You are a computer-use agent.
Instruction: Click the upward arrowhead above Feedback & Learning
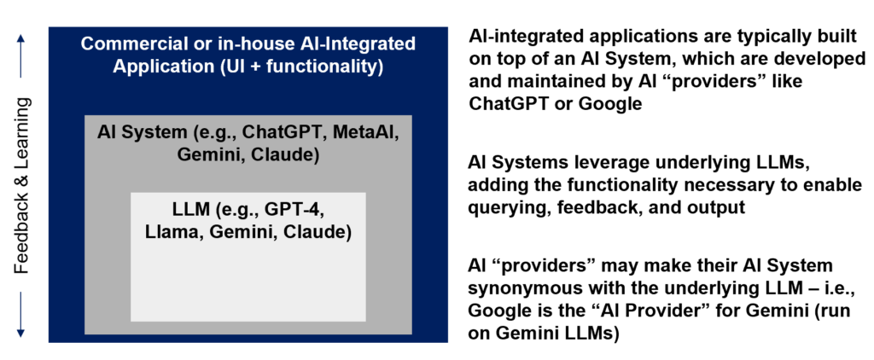tap(21, 38)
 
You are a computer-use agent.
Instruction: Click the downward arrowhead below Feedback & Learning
tap(21, 333)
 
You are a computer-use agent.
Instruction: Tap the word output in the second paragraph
tap(720, 207)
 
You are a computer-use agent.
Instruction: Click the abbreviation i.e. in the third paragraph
tap(834, 287)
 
